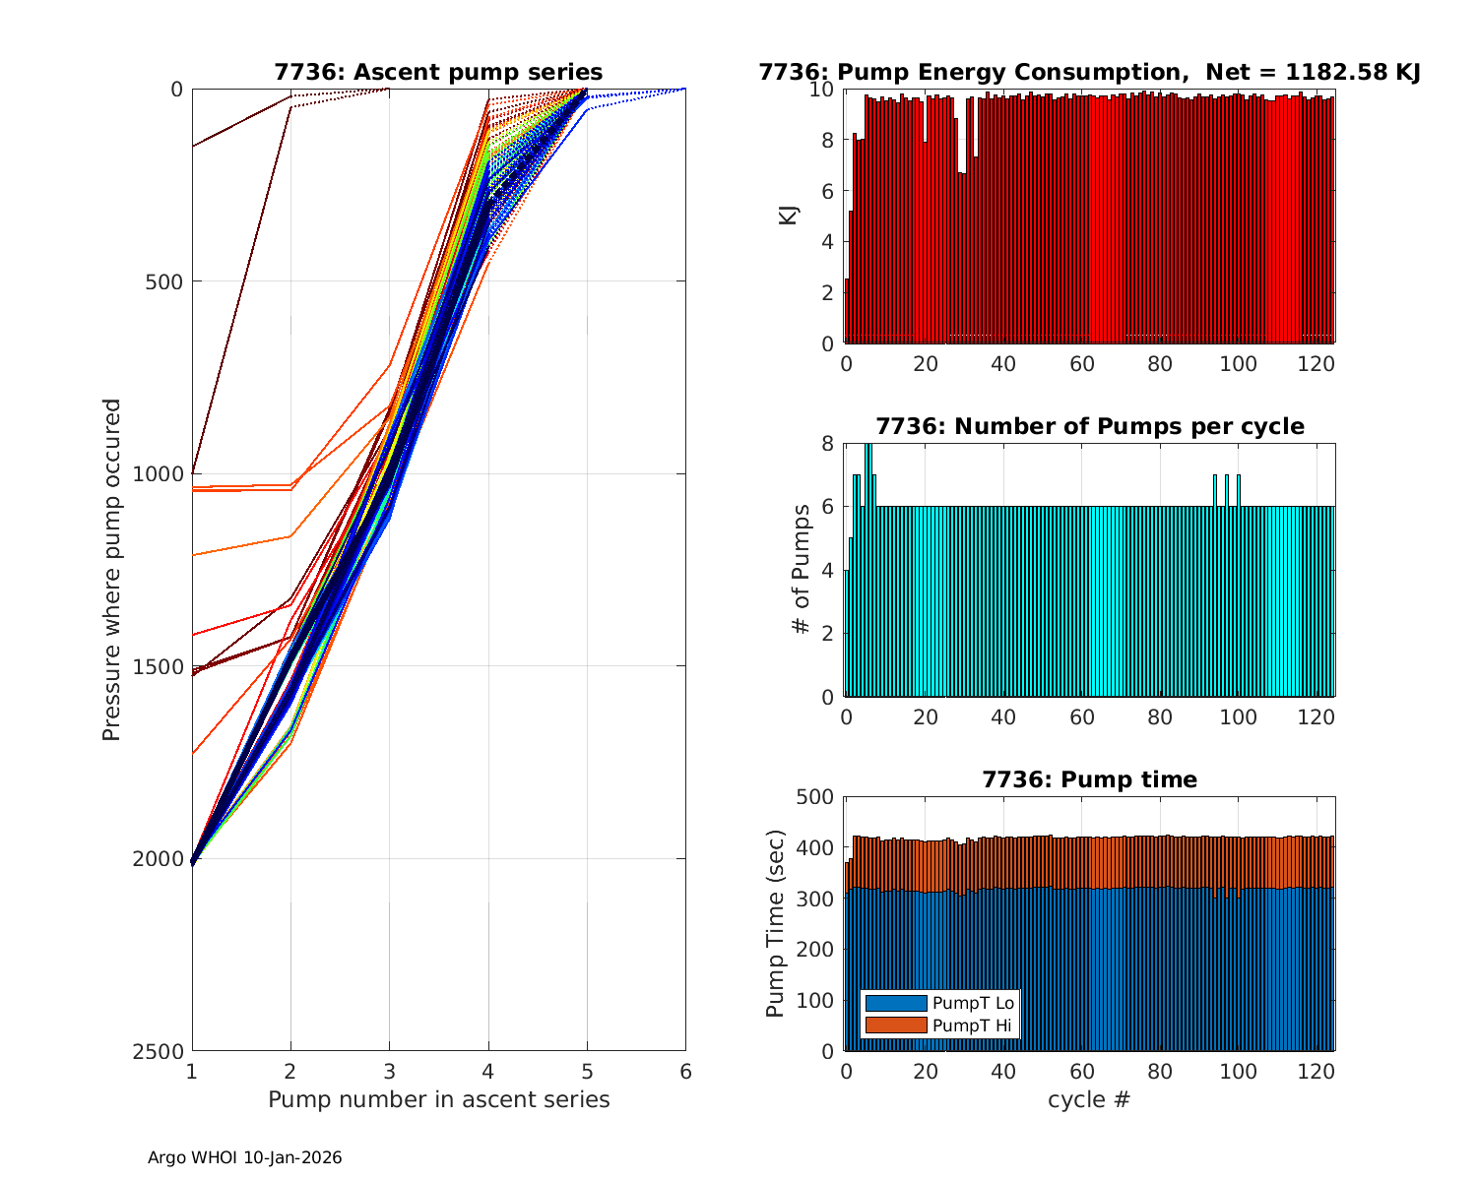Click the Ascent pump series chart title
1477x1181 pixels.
(x=438, y=73)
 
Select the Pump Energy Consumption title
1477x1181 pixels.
(x=1089, y=73)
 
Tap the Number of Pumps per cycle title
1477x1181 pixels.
(x=1089, y=427)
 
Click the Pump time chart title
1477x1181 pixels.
(x=1089, y=780)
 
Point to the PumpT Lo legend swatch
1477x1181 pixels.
(x=895, y=1003)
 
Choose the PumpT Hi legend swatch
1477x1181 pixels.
(x=895, y=1026)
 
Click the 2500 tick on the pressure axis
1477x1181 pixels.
(x=162, y=1051)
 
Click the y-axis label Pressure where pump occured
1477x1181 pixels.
(x=111, y=570)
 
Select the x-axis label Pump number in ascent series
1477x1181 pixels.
(x=438, y=1099)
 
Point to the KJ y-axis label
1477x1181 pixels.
(x=788, y=216)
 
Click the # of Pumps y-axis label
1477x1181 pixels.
(x=803, y=570)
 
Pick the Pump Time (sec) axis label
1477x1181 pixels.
(x=776, y=923)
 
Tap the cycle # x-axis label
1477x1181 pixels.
(x=1089, y=1099)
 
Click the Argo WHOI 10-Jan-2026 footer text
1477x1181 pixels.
(x=244, y=1158)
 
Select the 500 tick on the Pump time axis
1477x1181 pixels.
(x=813, y=797)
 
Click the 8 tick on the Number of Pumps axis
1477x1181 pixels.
(x=827, y=444)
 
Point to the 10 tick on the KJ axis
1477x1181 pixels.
(x=821, y=90)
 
